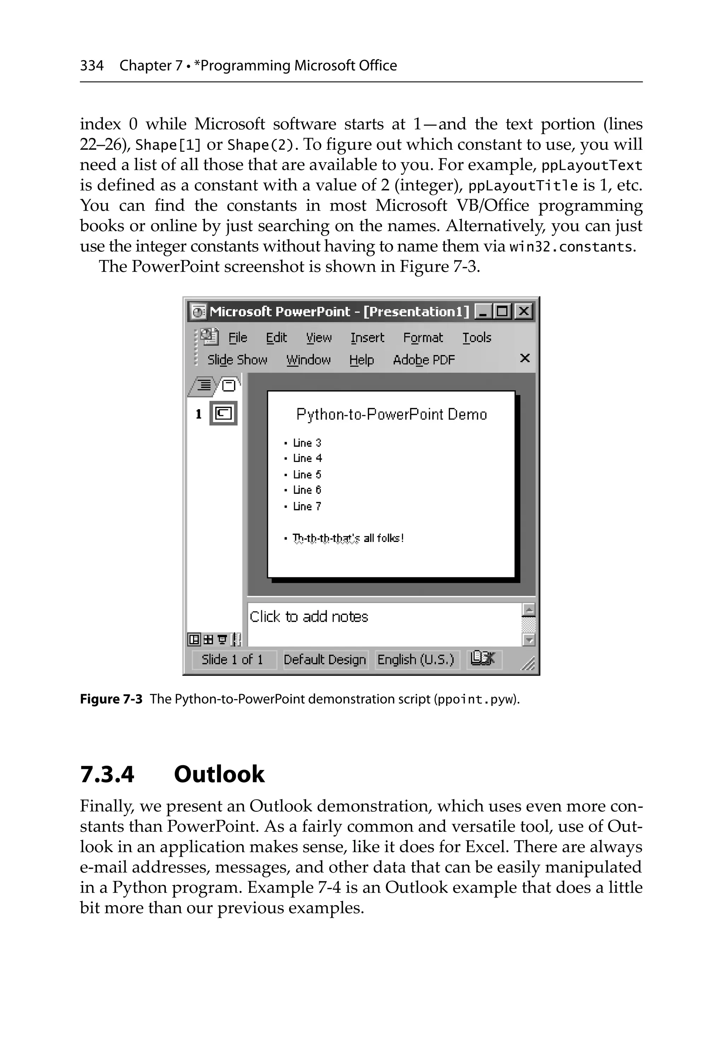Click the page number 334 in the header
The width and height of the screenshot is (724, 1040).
click(x=92, y=66)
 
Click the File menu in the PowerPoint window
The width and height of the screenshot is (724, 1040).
click(x=238, y=338)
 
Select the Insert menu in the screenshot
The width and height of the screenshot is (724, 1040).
click(x=367, y=338)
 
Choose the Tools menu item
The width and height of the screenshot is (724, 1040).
click(x=477, y=338)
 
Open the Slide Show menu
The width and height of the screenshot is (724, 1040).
click(x=237, y=360)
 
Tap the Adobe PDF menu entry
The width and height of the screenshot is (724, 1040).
click(x=424, y=360)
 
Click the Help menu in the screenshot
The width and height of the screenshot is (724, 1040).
click(x=361, y=360)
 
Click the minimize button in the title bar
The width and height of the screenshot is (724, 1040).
click(x=484, y=312)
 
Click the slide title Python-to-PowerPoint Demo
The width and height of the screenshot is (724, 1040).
click(x=391, y=415)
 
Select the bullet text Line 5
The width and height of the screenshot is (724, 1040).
click(x=307, y=475)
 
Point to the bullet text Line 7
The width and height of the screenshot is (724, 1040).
click(x=307, y=507)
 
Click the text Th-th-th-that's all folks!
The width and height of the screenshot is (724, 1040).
click(x=348, y=538)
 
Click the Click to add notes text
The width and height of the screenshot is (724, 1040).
click(x=309, y=617)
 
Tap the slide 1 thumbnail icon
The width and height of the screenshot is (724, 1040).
click(x=223, y=413)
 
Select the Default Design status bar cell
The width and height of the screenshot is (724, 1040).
click(x=325, y=659)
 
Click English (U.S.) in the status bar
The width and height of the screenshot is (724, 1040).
click(x=415, y=659)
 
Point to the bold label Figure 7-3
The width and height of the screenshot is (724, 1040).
click(x=111, y=699)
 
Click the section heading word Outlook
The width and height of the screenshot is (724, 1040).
click(x=219, y=774)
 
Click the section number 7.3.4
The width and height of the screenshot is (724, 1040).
click(x=107, y=774)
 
